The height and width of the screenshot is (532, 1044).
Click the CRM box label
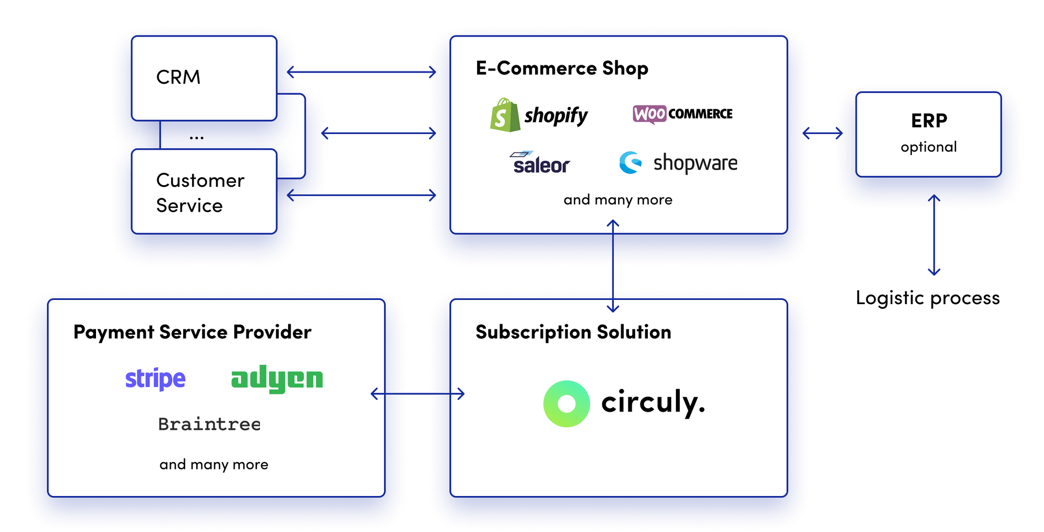(x=178, y=77)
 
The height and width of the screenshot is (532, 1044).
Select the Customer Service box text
(x=199, y=192)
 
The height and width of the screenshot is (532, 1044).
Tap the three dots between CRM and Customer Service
(x=196, y=138)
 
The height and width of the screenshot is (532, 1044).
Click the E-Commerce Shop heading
(x=562, y=68)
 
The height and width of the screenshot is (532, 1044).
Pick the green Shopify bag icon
(x=504, y=115)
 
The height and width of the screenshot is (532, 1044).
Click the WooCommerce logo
(x=682, y=114)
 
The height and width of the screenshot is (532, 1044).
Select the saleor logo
(x=541, y=163)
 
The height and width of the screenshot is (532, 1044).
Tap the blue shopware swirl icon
(x=630, y=163)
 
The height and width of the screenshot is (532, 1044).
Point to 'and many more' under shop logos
(x=618, y=200)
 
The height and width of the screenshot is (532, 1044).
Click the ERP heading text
(x=929, y=120)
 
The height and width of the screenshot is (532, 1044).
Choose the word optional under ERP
(x=929, y=147)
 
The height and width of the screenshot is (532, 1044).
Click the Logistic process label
(x=927, y=298)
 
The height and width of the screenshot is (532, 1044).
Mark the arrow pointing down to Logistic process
(x=934, y=240)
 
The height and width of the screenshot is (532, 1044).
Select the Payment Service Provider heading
(x=192, y=332)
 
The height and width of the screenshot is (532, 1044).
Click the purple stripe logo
(x=155, y=379)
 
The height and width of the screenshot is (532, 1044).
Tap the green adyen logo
(x=277, y=379)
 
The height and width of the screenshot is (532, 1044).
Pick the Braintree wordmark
(x=209, y=424)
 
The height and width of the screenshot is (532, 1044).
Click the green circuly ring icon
(x=566, y=404)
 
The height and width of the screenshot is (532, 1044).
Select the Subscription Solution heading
(x=573, y=332)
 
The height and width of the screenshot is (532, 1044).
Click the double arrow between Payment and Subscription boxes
(x=417, y=394)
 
